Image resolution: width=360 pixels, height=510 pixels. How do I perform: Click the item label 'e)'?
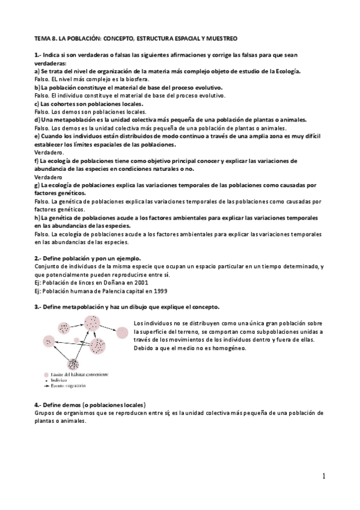click(37, 137)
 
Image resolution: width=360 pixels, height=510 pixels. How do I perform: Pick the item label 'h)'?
click(37, 217)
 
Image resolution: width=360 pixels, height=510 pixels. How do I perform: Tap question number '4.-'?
click(39, 404)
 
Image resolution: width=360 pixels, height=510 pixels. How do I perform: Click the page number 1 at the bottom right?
click(323, 476)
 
